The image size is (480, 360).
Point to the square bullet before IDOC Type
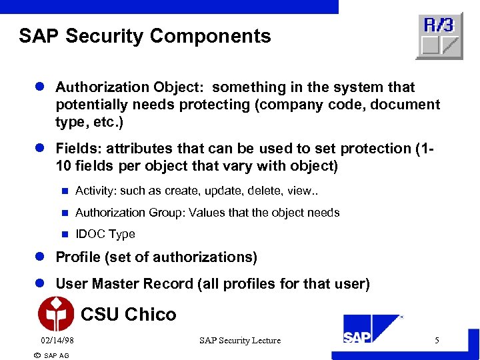pos(65,234)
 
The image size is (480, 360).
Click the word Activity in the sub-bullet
pos(96,191)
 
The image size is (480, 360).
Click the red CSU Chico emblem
pos(56,314)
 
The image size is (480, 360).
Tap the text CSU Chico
pos(128,314)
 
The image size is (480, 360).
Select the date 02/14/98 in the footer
pos(57,341)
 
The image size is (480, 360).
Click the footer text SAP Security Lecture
pos(240,341)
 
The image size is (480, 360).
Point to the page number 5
pos(437,341)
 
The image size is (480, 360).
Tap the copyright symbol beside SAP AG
pos(37,355)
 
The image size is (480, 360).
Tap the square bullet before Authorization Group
pos(65,213)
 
